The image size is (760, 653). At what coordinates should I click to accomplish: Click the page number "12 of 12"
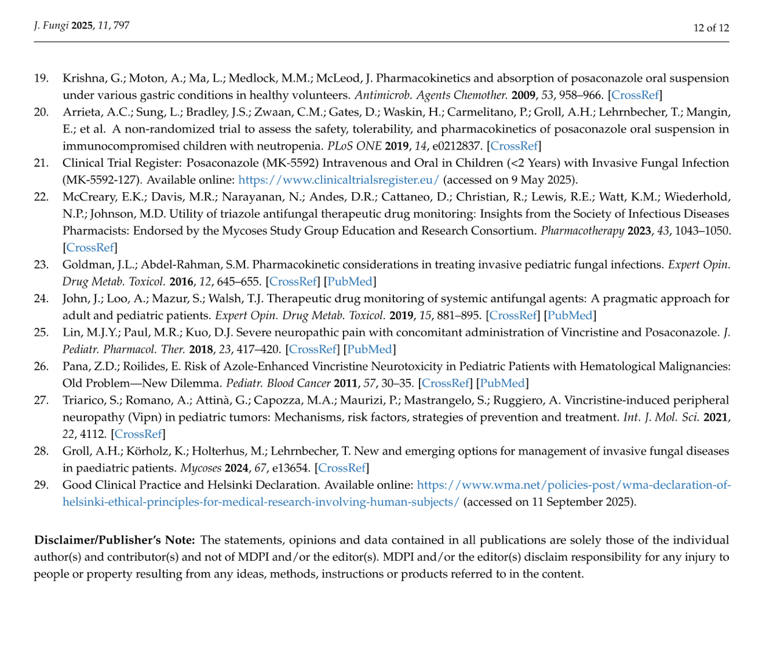click(711, 28)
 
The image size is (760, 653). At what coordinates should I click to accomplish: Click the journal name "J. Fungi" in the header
click(51, 26)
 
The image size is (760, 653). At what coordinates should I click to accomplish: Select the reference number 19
click(41, 78)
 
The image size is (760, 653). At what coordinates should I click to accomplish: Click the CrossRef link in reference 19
click(635, 95)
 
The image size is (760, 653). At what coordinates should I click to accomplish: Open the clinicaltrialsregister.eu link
click(339, 180)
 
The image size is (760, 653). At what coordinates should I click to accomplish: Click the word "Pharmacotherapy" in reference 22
click(582, 231)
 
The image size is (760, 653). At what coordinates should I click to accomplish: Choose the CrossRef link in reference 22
click(90, 247)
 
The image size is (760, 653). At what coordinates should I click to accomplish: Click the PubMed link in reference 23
click(350, 282)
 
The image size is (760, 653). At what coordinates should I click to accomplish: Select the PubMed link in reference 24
click(570, 316)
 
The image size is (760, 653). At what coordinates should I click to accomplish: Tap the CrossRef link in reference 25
click(313, 350)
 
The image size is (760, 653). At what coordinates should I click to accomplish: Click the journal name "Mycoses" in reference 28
click(201, 468)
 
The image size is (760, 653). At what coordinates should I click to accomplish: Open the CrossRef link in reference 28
click(342, 468)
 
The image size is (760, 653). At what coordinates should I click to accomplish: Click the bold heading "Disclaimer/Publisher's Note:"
click(115, 540)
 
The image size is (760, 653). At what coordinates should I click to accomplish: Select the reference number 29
click(41, 485)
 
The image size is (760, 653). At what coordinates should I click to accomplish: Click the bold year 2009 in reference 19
click(523, 95)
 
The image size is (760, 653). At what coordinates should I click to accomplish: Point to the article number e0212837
click(454, 146)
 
